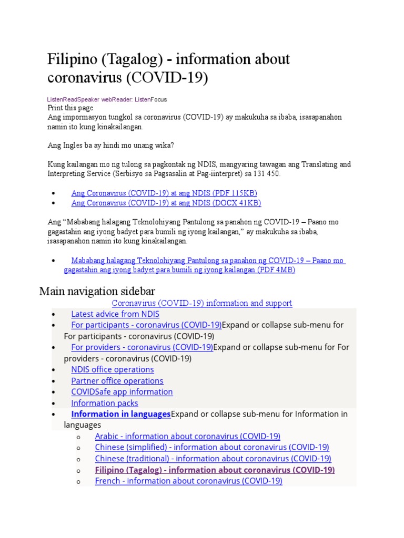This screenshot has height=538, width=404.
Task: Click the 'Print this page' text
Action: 70,108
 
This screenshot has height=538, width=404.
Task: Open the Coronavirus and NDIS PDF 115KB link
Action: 164,193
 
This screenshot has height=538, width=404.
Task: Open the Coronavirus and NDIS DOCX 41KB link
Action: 166,203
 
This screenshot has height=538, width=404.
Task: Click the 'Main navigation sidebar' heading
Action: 97,291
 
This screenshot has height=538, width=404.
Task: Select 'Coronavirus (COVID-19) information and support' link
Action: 202,303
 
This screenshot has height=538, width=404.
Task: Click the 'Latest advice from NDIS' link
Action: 115,314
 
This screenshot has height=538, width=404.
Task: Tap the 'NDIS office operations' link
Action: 113,369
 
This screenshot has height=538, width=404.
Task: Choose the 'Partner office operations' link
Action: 117,380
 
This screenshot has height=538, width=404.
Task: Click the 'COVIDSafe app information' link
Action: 122,391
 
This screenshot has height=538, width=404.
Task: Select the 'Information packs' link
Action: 105,403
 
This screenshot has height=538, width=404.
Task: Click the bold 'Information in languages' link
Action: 121,414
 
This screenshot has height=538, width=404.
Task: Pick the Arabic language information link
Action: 187,436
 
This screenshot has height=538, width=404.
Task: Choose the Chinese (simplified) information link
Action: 212,447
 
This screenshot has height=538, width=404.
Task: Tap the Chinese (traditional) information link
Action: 213,459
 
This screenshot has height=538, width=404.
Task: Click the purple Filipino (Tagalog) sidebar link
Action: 215,470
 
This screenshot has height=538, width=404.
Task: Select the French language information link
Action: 188,481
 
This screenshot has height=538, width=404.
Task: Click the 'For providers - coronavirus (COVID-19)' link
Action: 142,347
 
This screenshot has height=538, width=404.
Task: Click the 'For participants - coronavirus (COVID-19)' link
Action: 146,325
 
